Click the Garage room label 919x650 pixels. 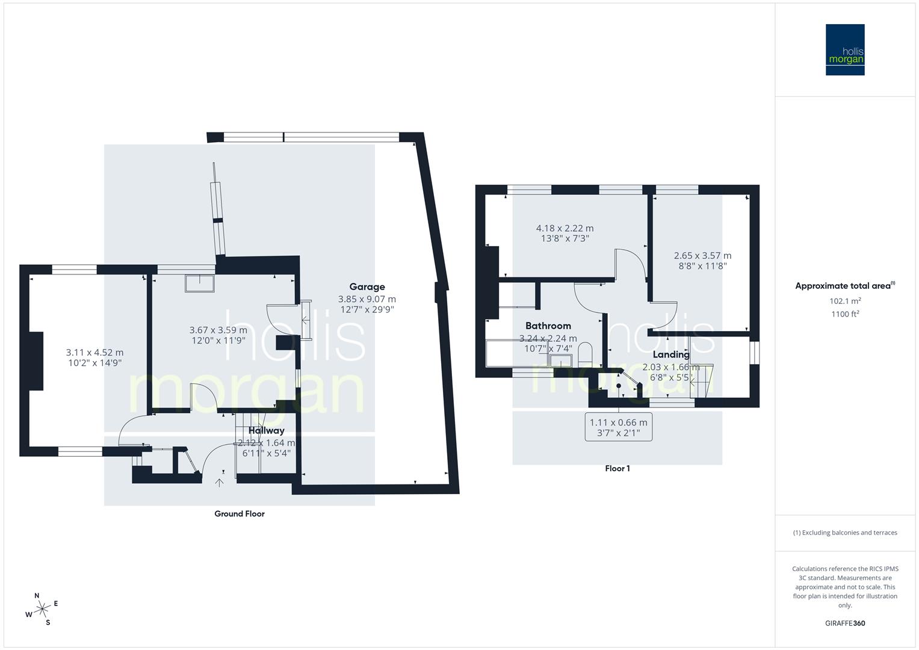tap(367, 287)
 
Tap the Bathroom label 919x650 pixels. tap(548, 326)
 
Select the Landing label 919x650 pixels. tap(671, 354)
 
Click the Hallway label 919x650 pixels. tap(266, 431)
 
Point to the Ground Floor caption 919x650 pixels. tap(240, 514)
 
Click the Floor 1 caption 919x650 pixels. tap(617, 468)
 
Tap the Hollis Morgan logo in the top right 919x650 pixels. tap(845, 50)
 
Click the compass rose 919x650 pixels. tap(42, 610)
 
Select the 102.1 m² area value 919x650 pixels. tap(845, 301)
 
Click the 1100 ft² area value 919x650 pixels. tap(845, 314)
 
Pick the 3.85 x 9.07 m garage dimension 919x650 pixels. tap(367, 299)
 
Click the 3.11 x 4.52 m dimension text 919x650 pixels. tap(94, 353)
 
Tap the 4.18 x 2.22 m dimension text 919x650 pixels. tap(565, 229)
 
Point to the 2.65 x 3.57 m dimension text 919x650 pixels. tap(702, 256)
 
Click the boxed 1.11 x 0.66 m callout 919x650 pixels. tap(619, 427)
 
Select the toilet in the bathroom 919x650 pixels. tap(586, 353)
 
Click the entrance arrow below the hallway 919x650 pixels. tap(220, 481)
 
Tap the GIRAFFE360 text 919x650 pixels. tap(845, 623)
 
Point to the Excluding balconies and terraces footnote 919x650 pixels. tap(845, 533)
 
